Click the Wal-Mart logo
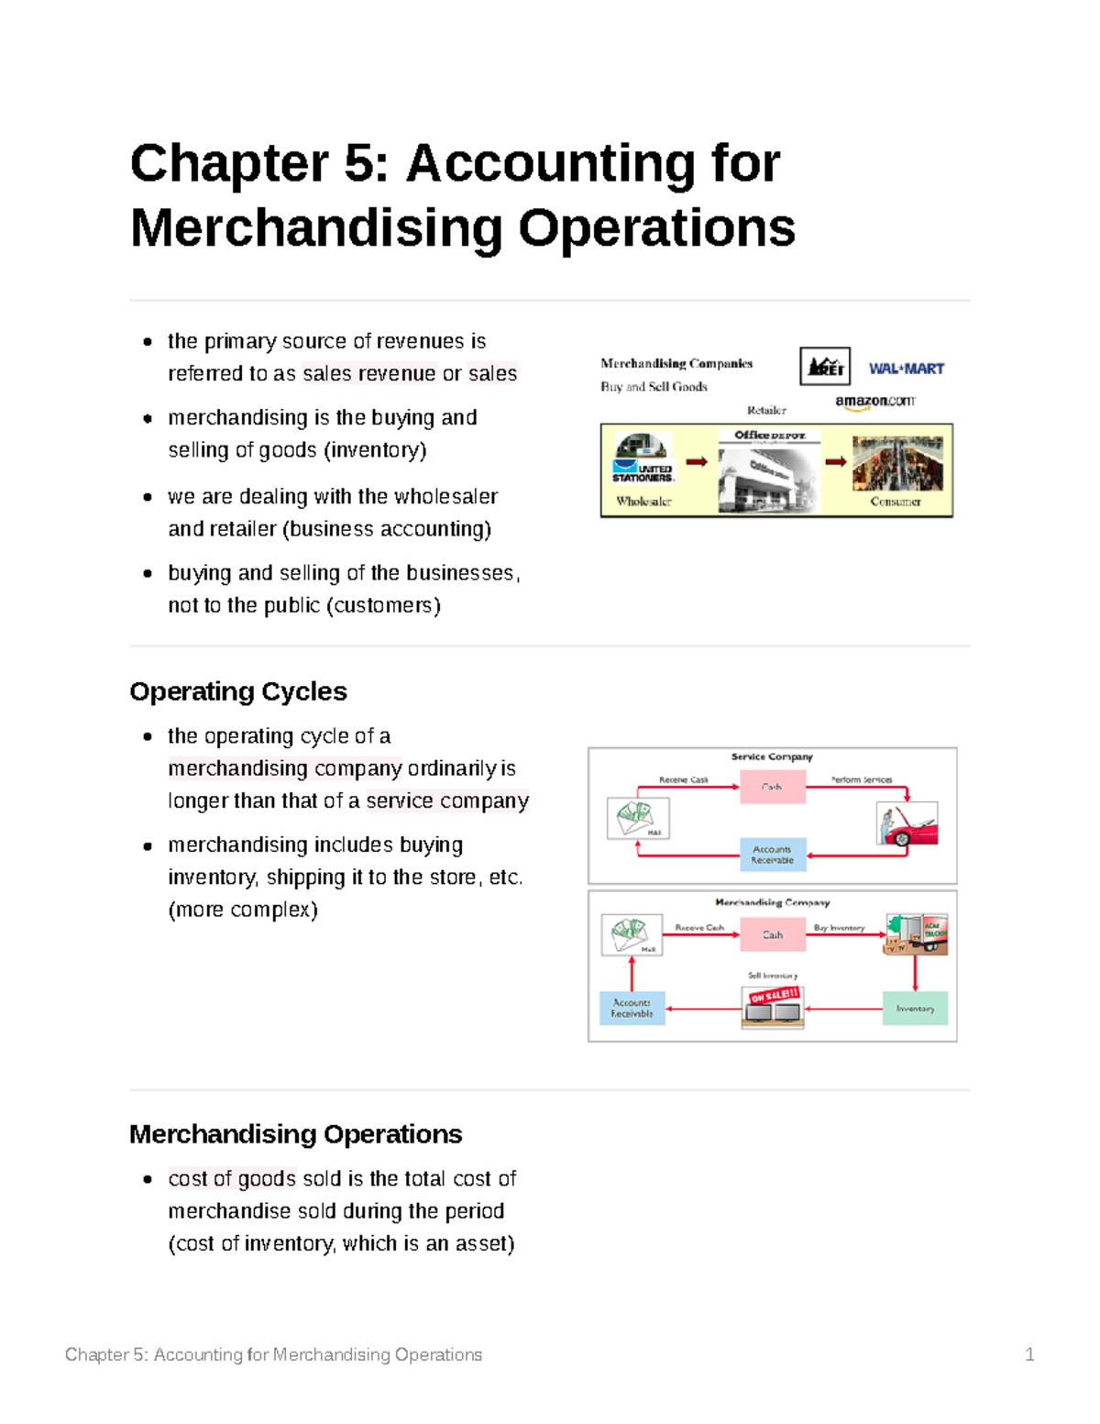tap(906, 369)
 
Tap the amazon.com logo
tap(874, 401)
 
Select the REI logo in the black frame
tap(825, 367)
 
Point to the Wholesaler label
tap(643, 502)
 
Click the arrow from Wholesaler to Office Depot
tap(697, 462)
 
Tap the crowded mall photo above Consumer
tap(896, 464)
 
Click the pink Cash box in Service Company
tap(773, 787)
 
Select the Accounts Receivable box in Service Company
tap(773, 855)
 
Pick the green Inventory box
tap(915, 1009)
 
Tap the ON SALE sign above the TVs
tap(775, 996)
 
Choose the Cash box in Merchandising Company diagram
tap(773, 935)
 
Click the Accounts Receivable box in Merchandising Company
tap(632, 1008)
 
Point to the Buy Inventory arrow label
tap(839, 928)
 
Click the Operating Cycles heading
tap(238, 691)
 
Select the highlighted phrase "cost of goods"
tap(232, 1179)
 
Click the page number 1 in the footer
tap(1029, 1354)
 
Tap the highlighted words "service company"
tap(447, 801)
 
